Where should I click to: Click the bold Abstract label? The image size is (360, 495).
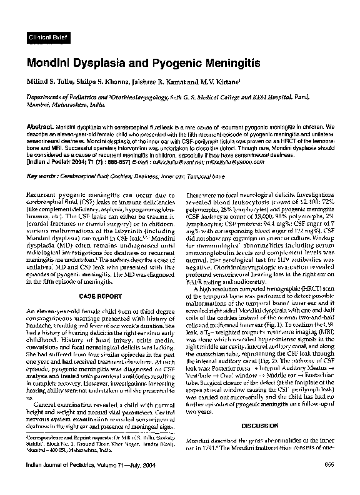pyautogui.click(x=39, y=126)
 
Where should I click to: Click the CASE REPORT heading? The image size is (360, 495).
pyautogui.click(x=96, y=293)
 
